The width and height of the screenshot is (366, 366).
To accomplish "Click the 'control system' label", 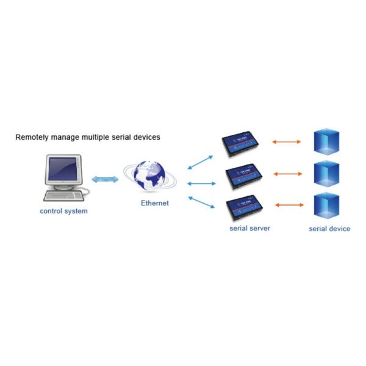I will coord(63,212).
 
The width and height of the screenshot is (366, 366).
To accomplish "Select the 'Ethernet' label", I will coord(155,203).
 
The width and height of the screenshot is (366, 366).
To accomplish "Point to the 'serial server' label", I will coord(249,228).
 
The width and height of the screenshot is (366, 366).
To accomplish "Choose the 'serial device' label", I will coord(329,229).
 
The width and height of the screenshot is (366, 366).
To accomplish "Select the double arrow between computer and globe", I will coord(105,179).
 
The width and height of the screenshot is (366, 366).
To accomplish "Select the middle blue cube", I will coord(326,174).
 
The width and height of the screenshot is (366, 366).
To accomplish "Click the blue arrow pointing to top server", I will coord(200,162).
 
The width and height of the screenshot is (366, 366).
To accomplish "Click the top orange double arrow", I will coord(287,142).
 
